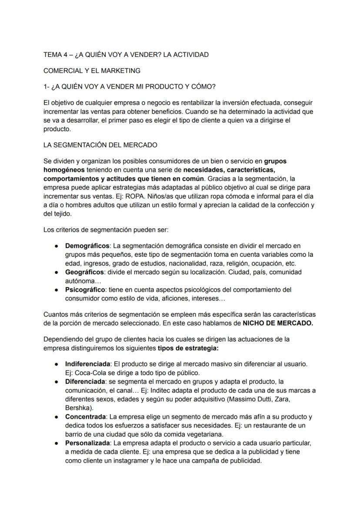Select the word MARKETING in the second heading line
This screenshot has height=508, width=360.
[x=122, y=70]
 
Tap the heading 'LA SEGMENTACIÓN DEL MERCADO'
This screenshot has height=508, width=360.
[x=100, y=145]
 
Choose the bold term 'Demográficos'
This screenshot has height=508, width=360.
[x=87, y=246]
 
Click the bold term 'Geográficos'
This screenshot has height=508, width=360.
[x=84, y=272]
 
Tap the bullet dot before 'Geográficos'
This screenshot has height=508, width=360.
[x=57, y=272]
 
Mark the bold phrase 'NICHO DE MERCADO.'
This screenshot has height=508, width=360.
[x=277, y=323]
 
